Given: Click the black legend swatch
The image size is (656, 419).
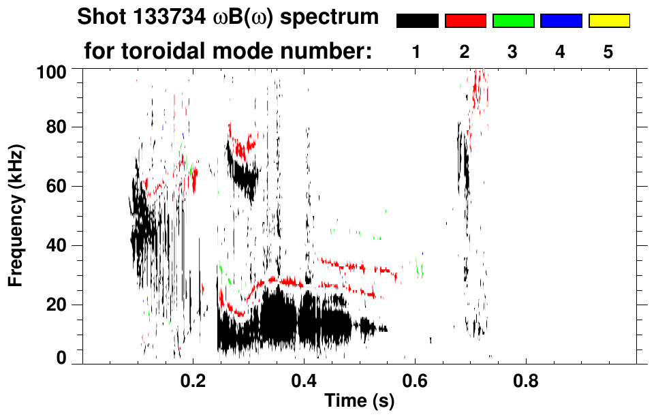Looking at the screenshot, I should click(417, 21).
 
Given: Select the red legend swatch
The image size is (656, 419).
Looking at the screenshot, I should click(465, 21).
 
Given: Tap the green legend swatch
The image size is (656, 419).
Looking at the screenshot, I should click(513, 21).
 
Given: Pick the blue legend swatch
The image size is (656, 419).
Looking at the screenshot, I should click(561, 21).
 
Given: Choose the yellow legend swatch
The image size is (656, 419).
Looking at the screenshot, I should click(608, 21).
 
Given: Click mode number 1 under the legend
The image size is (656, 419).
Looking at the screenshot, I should click(416, 52).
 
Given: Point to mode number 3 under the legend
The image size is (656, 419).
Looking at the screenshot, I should click(512, 52).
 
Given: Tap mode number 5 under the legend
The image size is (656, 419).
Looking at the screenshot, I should click(608, 52).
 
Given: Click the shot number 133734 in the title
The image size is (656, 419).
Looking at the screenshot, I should click(155, 17).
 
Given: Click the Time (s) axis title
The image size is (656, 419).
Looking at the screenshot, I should click(358, 401).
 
